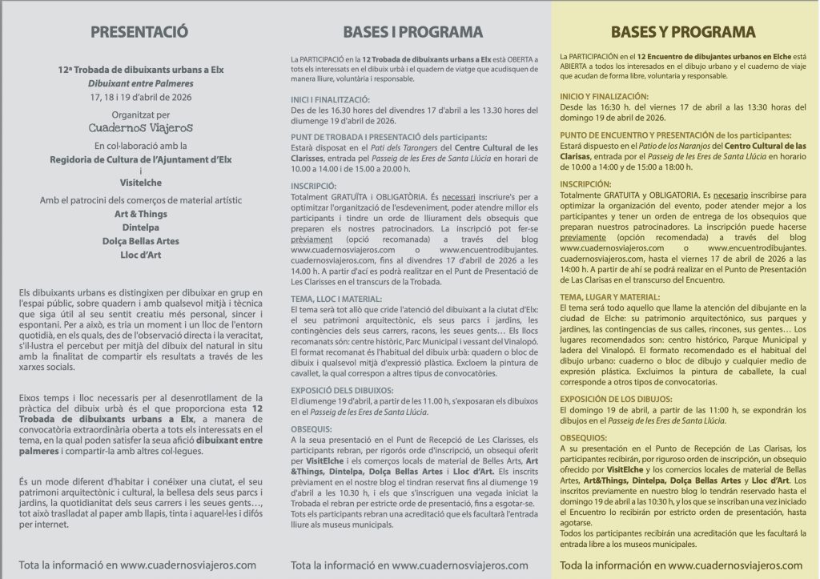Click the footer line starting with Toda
click(681, 565)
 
